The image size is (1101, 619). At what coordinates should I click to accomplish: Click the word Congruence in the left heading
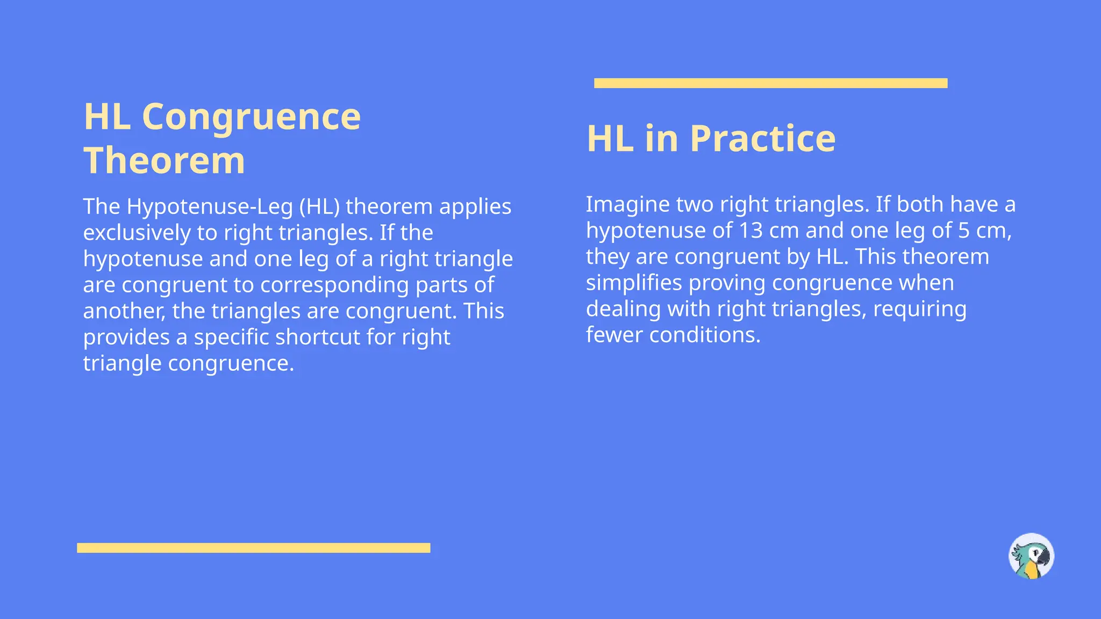[x=251, y=117]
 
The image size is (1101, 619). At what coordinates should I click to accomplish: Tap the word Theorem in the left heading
[x=164, y=161]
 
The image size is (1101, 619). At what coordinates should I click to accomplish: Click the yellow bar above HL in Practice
[x=770, y=83]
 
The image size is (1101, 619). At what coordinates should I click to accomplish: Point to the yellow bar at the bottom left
[x=253, y=548]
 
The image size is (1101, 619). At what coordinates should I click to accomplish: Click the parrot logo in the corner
[x=1031, y=556]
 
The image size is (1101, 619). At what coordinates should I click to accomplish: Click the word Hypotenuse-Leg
[x=210, y=206]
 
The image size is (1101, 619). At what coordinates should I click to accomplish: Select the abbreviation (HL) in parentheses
[x=319, y=206]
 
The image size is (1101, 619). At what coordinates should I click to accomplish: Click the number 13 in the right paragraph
[x=750, y=231]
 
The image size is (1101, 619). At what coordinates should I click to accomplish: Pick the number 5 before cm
[x=963, y=231]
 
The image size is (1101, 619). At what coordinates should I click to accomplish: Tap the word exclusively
[x=137, y=233]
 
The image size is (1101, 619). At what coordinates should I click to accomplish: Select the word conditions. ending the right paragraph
[x=705, y=335]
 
